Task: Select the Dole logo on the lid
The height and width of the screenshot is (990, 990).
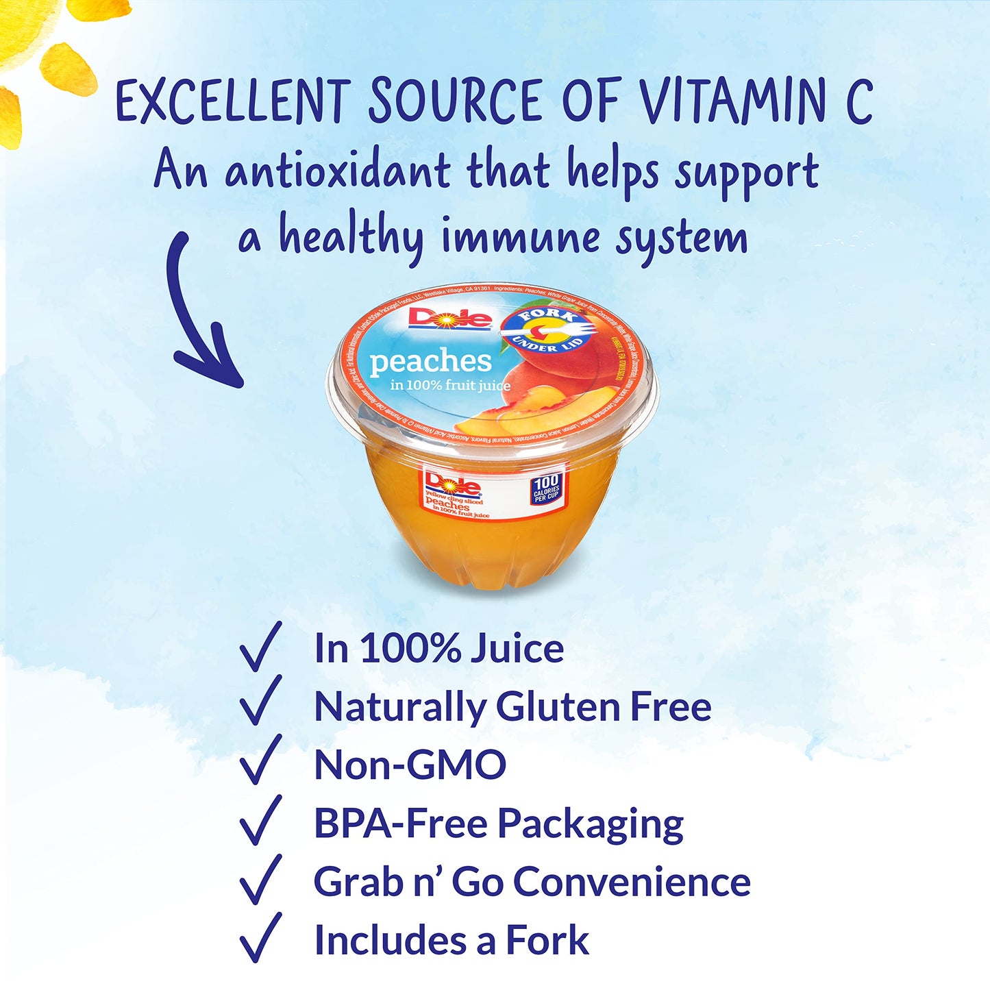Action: click(x=450, y=319)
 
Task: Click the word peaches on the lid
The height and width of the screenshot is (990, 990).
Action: click(x=430, y=362)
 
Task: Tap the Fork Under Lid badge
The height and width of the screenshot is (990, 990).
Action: click(x=546, y=330)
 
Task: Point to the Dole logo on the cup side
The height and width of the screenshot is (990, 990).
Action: click(x=451, y=484)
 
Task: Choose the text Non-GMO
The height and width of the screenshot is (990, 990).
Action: click(x=410, y=765)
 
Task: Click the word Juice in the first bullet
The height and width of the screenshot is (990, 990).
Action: click(x=517, y=648)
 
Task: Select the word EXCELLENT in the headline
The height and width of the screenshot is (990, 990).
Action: click(x=233, y=101)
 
